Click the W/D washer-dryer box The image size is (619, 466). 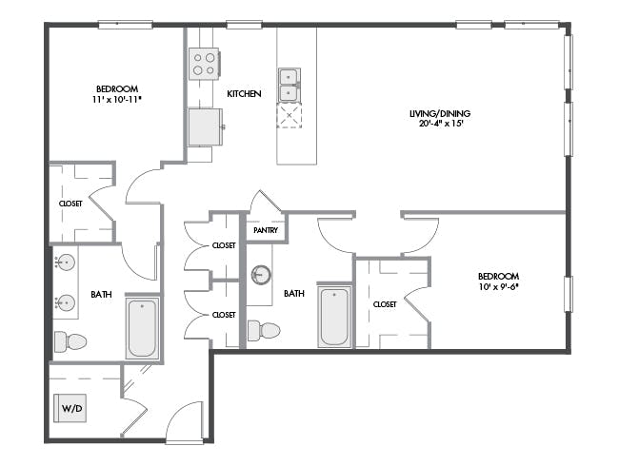coord(70,408)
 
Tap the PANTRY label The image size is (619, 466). coord(266,230)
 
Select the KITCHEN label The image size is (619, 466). coord(244,94)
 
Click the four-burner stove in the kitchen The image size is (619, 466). coord(204,64)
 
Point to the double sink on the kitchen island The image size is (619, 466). coord(290,85)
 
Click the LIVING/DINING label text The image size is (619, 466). coord(440,113)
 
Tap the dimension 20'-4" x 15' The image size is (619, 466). coord(441,124)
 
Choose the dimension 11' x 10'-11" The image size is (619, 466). coord(117,99)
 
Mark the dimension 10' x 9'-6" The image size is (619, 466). coord(498,286)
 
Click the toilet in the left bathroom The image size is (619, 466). coord(70,341)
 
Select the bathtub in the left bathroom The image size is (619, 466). coord(142,328)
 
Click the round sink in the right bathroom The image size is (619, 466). coord(261,275)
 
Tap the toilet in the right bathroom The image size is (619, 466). coord(264,330)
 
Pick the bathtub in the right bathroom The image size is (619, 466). coord(334,317)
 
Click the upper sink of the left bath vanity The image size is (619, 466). coord(66,262)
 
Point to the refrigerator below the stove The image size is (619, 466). coord(205,126)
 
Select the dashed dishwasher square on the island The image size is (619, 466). coord(290,115)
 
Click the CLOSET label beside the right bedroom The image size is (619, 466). coord(385,304)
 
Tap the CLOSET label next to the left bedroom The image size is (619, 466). coord(70,204)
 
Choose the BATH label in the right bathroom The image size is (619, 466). coord(294,294)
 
